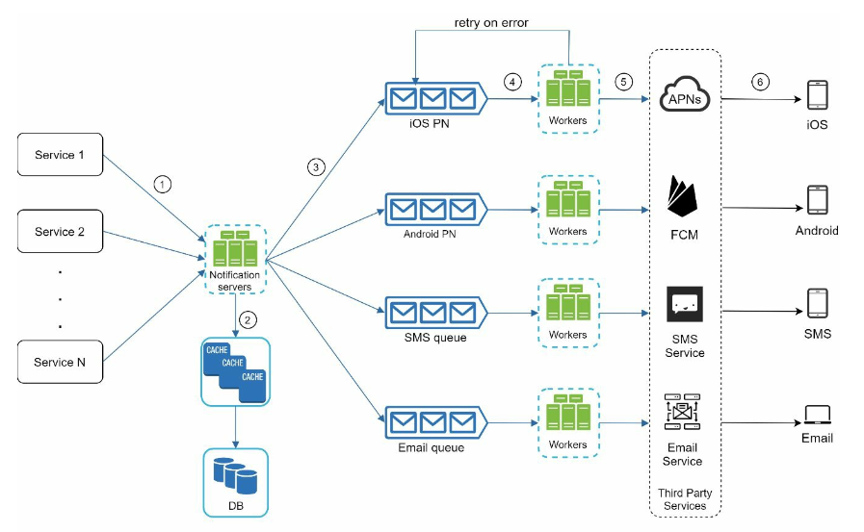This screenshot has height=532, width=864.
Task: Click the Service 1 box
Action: (x=60, y=155)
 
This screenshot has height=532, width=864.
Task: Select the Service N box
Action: (x=60, y=362)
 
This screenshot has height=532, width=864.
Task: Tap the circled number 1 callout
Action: (x=162, y=185)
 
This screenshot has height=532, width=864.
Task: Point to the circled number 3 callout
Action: (x=316, y=167)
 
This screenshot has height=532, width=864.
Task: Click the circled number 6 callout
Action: (x=760, y=82)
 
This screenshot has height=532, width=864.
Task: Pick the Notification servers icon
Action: (x=235, y=248)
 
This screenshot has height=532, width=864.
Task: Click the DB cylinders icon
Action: (x=235, y=475)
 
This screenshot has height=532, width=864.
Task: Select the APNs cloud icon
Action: (x=685, y=94)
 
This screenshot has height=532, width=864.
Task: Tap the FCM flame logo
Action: (x=682, y=196)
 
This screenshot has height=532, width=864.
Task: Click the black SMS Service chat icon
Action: (x=685, y=304)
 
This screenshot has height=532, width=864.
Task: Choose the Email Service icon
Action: (x=682, y=412)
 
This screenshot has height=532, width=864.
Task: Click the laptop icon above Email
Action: (x=817, y=415)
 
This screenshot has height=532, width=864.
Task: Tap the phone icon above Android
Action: (x=817, y=200)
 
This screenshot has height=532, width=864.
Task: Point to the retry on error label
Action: (x=491, y=22)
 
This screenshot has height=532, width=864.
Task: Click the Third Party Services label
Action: (x=685, y=499)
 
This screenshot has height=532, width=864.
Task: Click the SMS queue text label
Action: (x=435, y=338)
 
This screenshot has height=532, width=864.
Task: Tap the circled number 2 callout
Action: (x=248, y=320)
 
